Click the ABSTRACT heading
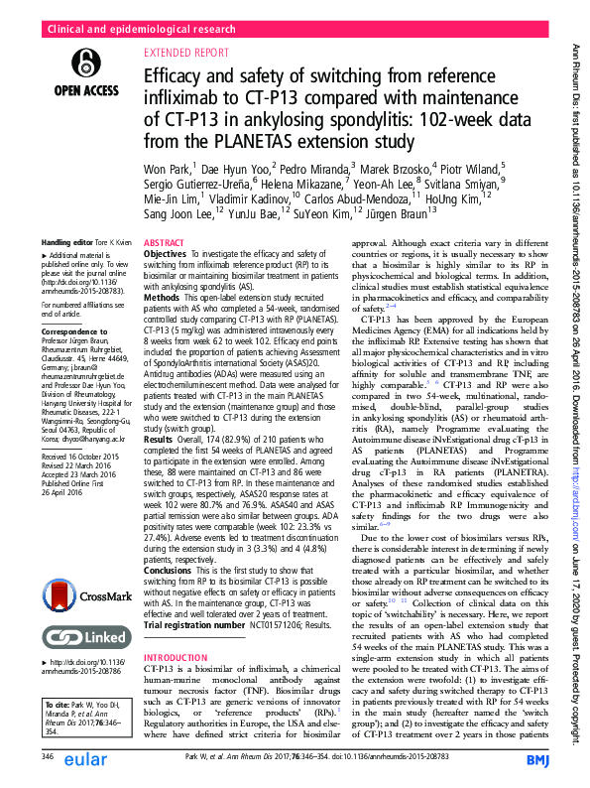[163, 243]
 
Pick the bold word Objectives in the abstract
[167, 254]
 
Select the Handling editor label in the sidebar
[67, 243]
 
